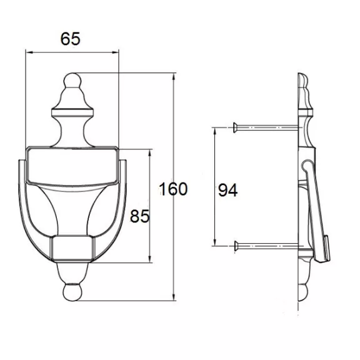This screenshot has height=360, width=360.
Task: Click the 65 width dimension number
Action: point(70,39)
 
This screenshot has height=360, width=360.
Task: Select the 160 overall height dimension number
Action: point(173,189)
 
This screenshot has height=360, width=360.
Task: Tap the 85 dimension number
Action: point(139,216)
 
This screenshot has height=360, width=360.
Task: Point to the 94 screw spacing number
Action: point(227,190)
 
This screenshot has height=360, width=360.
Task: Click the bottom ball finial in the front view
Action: point(72,292)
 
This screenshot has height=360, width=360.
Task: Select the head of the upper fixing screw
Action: point(235,127)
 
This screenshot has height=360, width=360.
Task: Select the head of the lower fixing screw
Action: point(236,246)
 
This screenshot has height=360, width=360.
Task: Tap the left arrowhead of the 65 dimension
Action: point(29,52)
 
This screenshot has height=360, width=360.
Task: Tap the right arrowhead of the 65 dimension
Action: point(116,52)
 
